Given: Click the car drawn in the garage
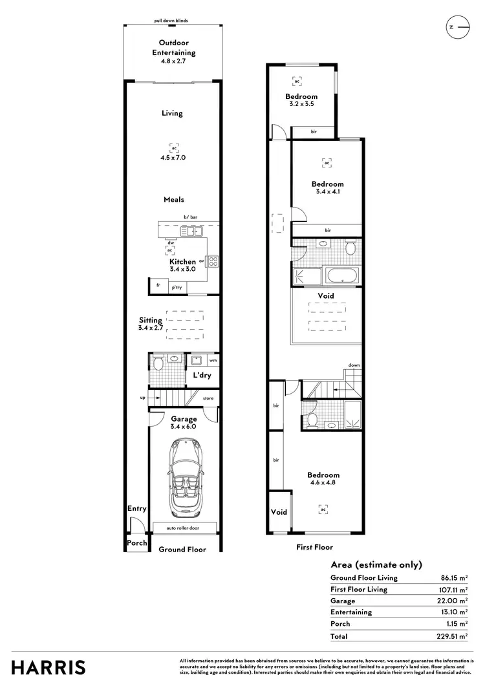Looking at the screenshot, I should click(184, 475).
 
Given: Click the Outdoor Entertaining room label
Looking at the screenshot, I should click(173, 48).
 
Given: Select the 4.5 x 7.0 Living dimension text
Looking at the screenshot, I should click(173, 157).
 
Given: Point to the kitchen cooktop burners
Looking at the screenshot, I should click(213, 261).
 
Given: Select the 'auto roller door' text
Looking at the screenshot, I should click(183, 528).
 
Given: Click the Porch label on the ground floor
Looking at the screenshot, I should click(136, 543).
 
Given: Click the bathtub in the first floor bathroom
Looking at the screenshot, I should click(341, 277).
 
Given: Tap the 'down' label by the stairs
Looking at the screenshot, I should click(354, 365).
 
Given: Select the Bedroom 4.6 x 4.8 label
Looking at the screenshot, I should click(323, 479).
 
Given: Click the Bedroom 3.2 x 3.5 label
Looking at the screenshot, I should click(301, 100).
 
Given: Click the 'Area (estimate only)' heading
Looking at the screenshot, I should click(376, 564).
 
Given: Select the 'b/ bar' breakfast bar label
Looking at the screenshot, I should click(189, 217).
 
